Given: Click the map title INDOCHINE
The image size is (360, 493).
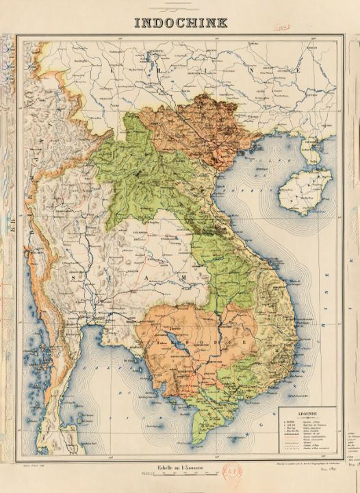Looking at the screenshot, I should pyautogui.click(x=180, y=22).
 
